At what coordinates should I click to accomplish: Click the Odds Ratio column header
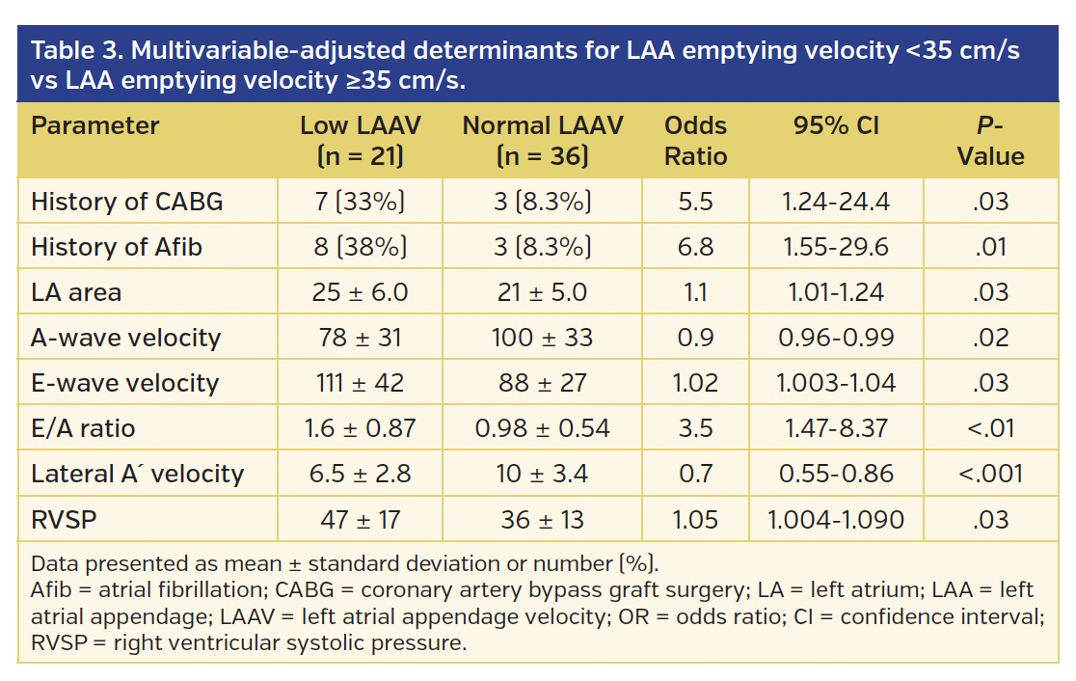[695, 141]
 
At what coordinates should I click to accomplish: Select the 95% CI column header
[836, 125]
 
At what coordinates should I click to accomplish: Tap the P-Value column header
[990, 141]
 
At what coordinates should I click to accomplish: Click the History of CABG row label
[126, 202]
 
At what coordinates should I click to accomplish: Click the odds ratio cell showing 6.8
[695, 247]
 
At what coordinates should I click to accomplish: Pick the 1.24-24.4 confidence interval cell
[836, 202]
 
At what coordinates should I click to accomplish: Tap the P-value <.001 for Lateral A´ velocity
[990, 474]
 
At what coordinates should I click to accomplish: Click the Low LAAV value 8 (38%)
[360, 247]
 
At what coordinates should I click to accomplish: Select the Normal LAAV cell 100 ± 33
[542, 338]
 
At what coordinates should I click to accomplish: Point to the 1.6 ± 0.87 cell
[360, 428]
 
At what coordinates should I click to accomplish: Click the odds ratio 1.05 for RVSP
[695, 520]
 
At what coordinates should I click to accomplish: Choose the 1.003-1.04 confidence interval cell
[836, 383]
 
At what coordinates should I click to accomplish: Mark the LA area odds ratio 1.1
[695, 292]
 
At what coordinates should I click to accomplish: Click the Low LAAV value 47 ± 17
[360, 520]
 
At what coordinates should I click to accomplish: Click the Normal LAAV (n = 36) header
[542, 141]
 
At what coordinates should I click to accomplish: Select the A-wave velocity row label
[125, 338]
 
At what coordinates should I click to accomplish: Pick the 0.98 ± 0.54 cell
[542, 428]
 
